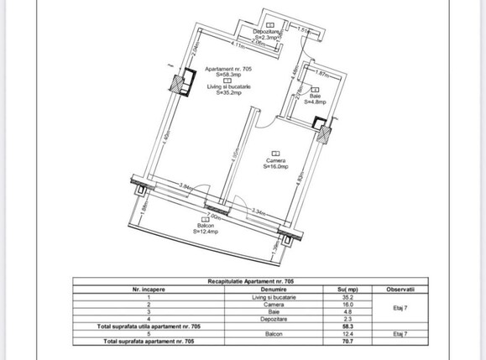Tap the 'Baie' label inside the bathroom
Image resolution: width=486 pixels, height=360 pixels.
click(x=315, y=96)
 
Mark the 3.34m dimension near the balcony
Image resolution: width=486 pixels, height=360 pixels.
click(x=260, y=211)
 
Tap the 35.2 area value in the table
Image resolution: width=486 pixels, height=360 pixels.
click(x=337, y=295)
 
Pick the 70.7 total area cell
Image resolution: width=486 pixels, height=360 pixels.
click(x=337, y=342)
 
